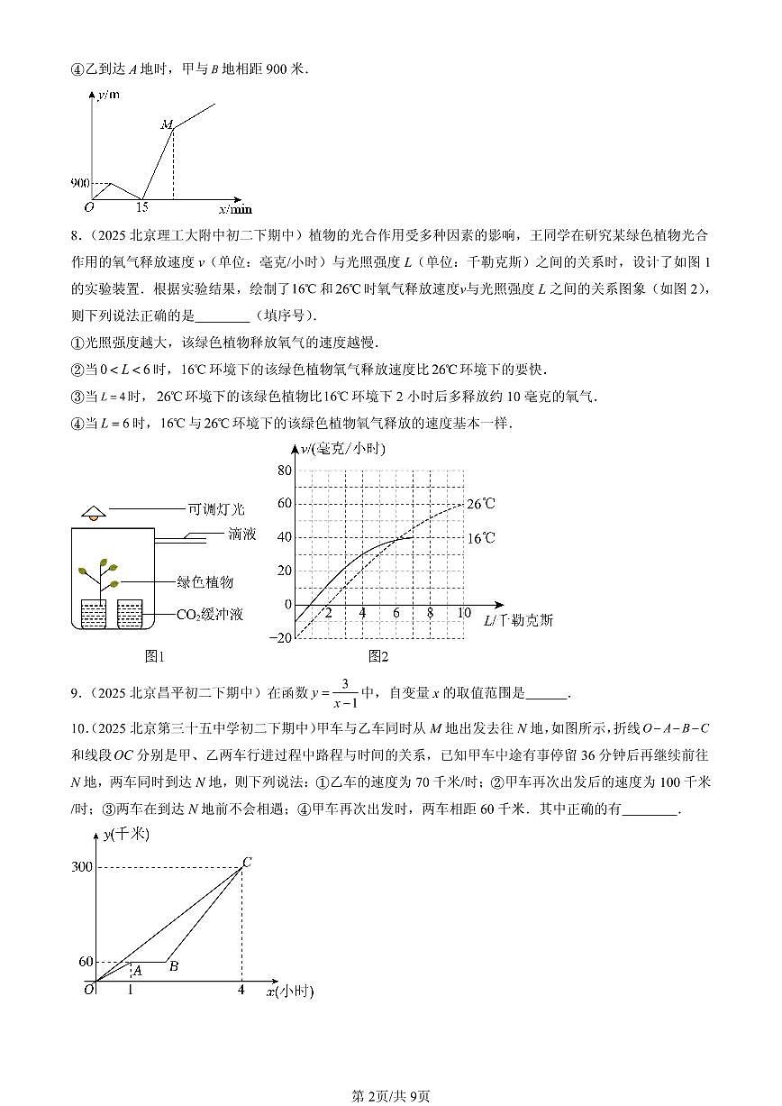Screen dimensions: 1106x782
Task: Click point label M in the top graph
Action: click(x=167, y=124)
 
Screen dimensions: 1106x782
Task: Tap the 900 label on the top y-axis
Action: click(x=79, y=183)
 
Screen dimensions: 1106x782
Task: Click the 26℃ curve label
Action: click(x=481, y=505)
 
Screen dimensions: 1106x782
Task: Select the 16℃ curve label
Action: click(x=481, y=538)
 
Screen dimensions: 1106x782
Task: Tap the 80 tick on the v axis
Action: click(x=285, y=471)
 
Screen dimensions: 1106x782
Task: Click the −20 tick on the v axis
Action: click(x=281, y=637)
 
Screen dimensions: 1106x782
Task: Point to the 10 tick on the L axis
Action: click(x=464, y=613)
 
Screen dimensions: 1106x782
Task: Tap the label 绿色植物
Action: click(x=205, y=582)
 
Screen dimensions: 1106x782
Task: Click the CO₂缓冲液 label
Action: click(x=209, y=615)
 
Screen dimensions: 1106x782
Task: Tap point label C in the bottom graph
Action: click(x=246, y=862)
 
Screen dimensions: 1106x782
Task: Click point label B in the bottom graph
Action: click(x=173, y=966)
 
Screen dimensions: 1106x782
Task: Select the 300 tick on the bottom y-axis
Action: click(x=82, y=867)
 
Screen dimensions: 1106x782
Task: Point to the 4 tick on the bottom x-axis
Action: click(x=241, y=990)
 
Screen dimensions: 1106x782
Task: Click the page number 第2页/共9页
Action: click(x=390, y=1096)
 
